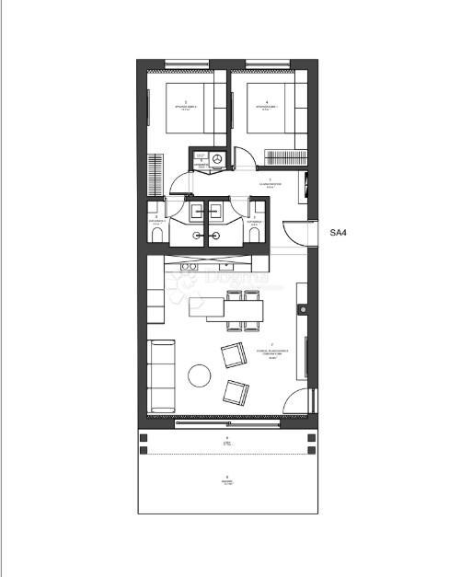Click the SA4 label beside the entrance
pyautogui.click(x=338, y=233)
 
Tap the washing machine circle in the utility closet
pyautogui.click(x=217, y=159)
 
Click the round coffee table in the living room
pyautogui.click(x=200, y=375)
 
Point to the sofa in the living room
pyautogui.click(x=162, y=375)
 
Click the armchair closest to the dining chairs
pyautogui.click(x=233, y=354)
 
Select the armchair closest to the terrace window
pyautogui.click(x=236, y=393)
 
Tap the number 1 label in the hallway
pyautogui.click(x=270, y=179)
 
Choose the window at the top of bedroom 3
pyautogui.click(x=187, y=63)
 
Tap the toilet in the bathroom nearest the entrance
pyautogui.click(x=254, y=236)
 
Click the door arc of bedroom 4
pyautogui.click(x=245, y=162)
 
